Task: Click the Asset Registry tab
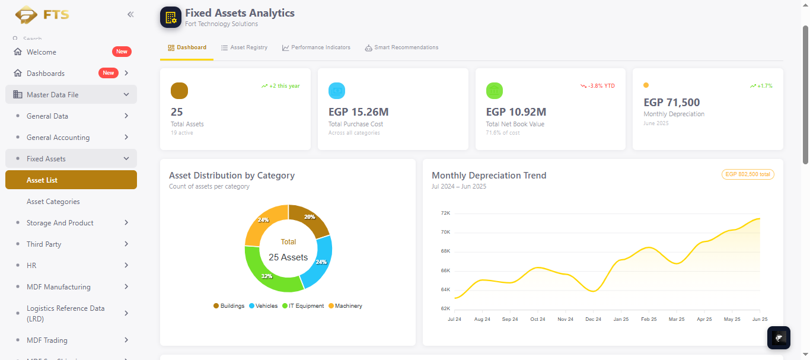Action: tap(244, 47)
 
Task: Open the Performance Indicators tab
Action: tap(316, 47)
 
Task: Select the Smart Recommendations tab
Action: tap(401, 47)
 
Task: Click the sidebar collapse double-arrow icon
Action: tap(130, 14)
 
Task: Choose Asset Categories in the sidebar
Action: tap(53, 202)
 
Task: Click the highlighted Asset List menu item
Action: tap(71, 180)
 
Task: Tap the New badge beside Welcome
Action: tap(122, 52)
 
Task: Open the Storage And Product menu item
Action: tap(60, 223)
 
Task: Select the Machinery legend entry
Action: tap(345, 305)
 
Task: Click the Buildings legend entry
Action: tap(229, 305)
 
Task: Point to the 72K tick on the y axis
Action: tap(445, 213)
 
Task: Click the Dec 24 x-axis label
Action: tap(593, 319)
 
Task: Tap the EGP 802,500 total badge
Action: tap(748, 174)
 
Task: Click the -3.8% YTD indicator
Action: tap(597, 86)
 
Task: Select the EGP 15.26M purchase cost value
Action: tap(358, 112)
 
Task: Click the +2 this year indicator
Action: tap(280, 86)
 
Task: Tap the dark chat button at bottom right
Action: tap(779, 338)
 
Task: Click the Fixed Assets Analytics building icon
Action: tap(171, 17)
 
